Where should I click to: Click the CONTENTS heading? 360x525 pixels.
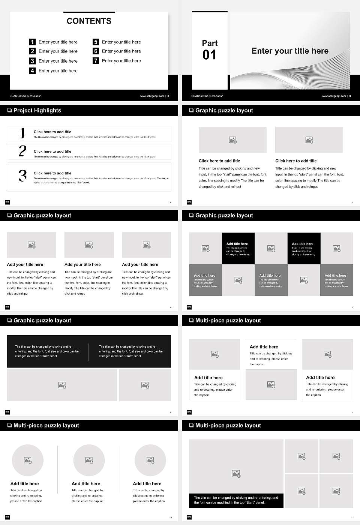[89, 21]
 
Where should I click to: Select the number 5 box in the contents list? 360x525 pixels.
[96, 42]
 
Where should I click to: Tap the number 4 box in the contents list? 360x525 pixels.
[33, 70]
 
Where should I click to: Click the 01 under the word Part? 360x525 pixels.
[209, 55]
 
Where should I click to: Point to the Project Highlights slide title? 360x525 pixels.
[37, 110]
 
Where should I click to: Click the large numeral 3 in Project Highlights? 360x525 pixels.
[23, 175]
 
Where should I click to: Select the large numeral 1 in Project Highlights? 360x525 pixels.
[22, 133]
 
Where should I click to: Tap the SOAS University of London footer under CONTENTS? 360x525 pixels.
[25, 96]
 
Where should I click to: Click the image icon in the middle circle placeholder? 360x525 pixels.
[89, 460]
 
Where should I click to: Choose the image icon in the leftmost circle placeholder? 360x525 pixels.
[28, 460]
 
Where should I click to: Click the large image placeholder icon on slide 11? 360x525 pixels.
[236, 474]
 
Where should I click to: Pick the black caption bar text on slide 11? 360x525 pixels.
[236, 500]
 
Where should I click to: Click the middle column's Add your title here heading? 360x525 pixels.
[82, 264]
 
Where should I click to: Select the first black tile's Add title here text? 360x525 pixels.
[237, 244]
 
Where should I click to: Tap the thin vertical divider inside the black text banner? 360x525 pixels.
[89, 352]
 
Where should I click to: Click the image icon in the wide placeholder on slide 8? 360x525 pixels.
[62, 385]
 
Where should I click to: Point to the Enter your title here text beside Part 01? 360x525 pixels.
[290, 51]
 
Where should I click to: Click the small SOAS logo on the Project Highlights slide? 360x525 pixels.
[7, 202]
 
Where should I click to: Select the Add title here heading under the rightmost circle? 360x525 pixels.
[147, 484]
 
